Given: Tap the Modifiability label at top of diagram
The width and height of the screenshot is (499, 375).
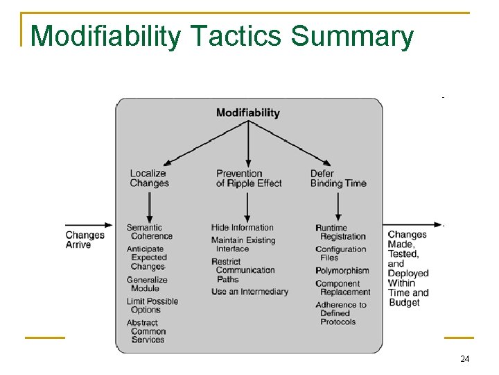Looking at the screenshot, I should pos(247,112).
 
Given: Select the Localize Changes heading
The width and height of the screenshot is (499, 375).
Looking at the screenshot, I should pos(149,178).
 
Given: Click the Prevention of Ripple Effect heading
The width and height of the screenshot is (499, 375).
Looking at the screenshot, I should pos(249,178).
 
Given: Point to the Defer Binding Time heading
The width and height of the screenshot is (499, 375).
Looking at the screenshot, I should pos(338,178).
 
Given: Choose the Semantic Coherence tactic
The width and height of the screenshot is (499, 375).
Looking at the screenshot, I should pos(149,232).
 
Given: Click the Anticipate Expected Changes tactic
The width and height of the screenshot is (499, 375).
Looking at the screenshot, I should pos(147,258).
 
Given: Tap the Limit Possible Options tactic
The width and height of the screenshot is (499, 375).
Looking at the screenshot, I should pos(152,306).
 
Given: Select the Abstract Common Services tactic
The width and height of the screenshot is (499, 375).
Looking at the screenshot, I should pos(146,331).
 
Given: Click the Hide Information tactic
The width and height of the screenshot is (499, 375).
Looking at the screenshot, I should pos(243,228).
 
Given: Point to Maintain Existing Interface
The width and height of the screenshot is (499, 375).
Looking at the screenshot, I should pos(243,244).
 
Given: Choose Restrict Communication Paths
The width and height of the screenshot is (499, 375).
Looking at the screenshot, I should pos(243,270).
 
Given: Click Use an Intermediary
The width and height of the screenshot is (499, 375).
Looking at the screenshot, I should pos(249,292).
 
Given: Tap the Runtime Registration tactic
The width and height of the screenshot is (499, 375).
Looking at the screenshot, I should pos(340,232).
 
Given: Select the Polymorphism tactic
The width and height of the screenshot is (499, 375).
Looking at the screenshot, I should pos(342,271).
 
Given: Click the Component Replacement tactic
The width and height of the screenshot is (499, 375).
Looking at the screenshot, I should pos(342,288).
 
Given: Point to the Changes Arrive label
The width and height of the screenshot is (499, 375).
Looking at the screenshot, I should pos(85,240).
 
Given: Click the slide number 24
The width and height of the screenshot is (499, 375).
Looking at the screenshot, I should pos(464,359).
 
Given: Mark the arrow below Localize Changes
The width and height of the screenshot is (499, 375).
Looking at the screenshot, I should pos(149,206).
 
